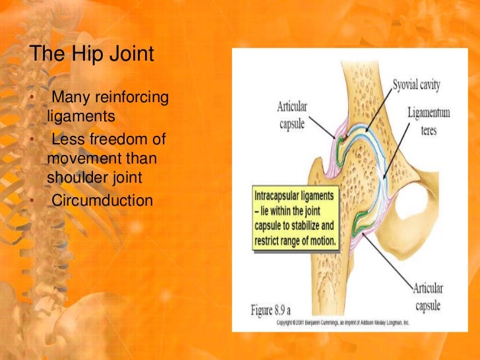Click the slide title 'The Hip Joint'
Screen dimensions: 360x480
92,54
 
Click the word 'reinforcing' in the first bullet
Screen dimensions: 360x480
132,98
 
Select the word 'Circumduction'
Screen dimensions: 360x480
102,200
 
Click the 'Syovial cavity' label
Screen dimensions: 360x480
416,85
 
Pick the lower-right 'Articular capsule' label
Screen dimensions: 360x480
429,295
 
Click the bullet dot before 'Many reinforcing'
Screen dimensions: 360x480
31,99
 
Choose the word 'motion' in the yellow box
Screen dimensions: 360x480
320,243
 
